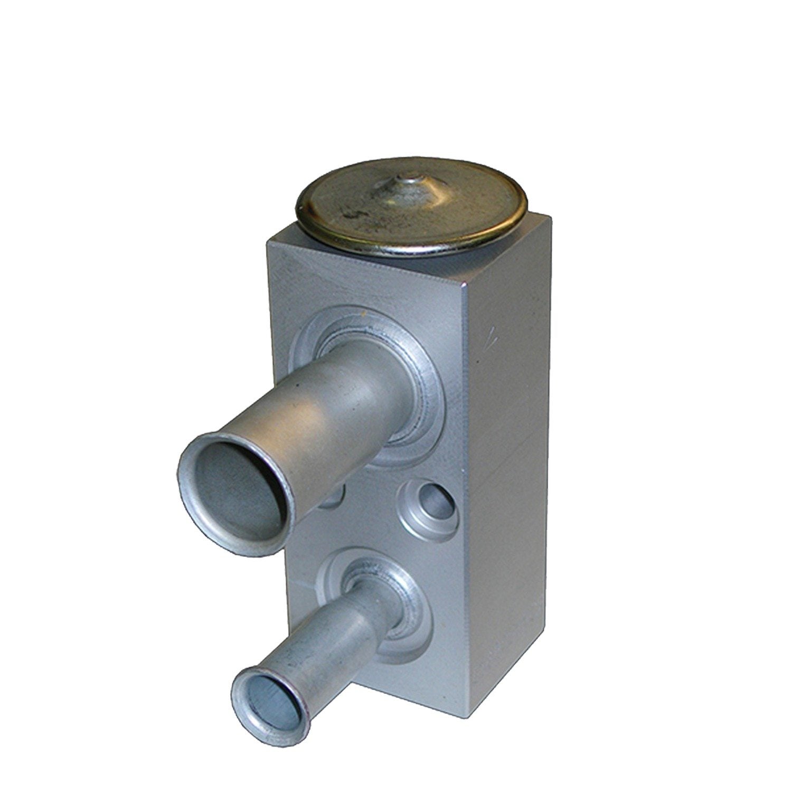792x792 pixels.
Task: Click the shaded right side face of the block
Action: coord(507,475)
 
